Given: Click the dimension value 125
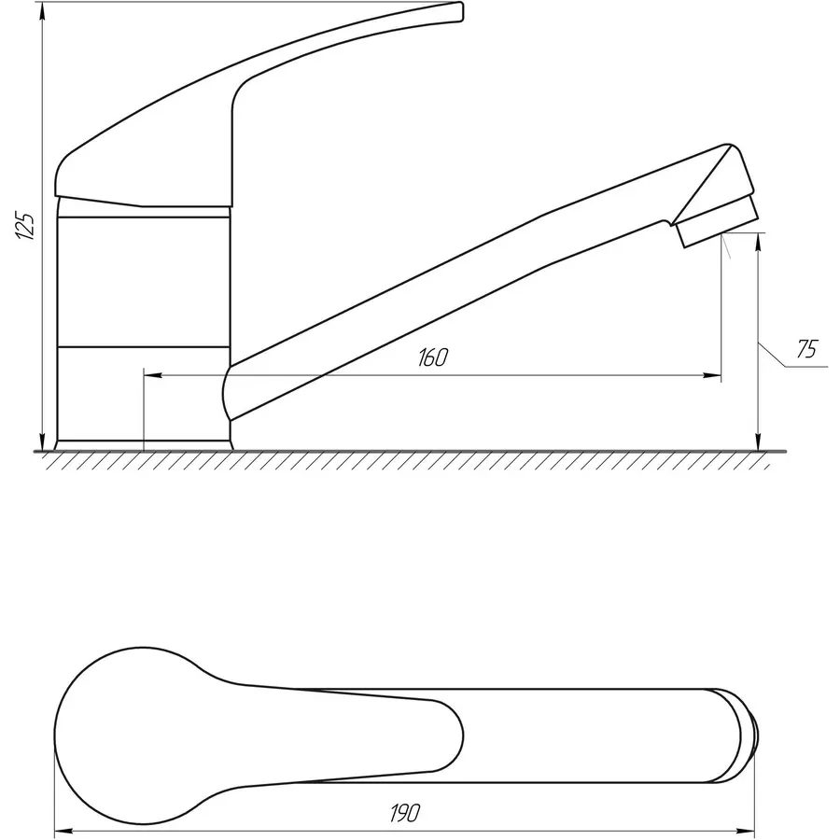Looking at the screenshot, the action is (x=26, y=226).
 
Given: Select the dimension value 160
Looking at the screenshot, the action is (x=433, y=357).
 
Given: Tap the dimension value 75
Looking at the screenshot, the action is (x=806, y=349).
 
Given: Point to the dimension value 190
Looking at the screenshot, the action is (x=405, y=813).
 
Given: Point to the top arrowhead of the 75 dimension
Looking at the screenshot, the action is (x=758, y=244).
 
